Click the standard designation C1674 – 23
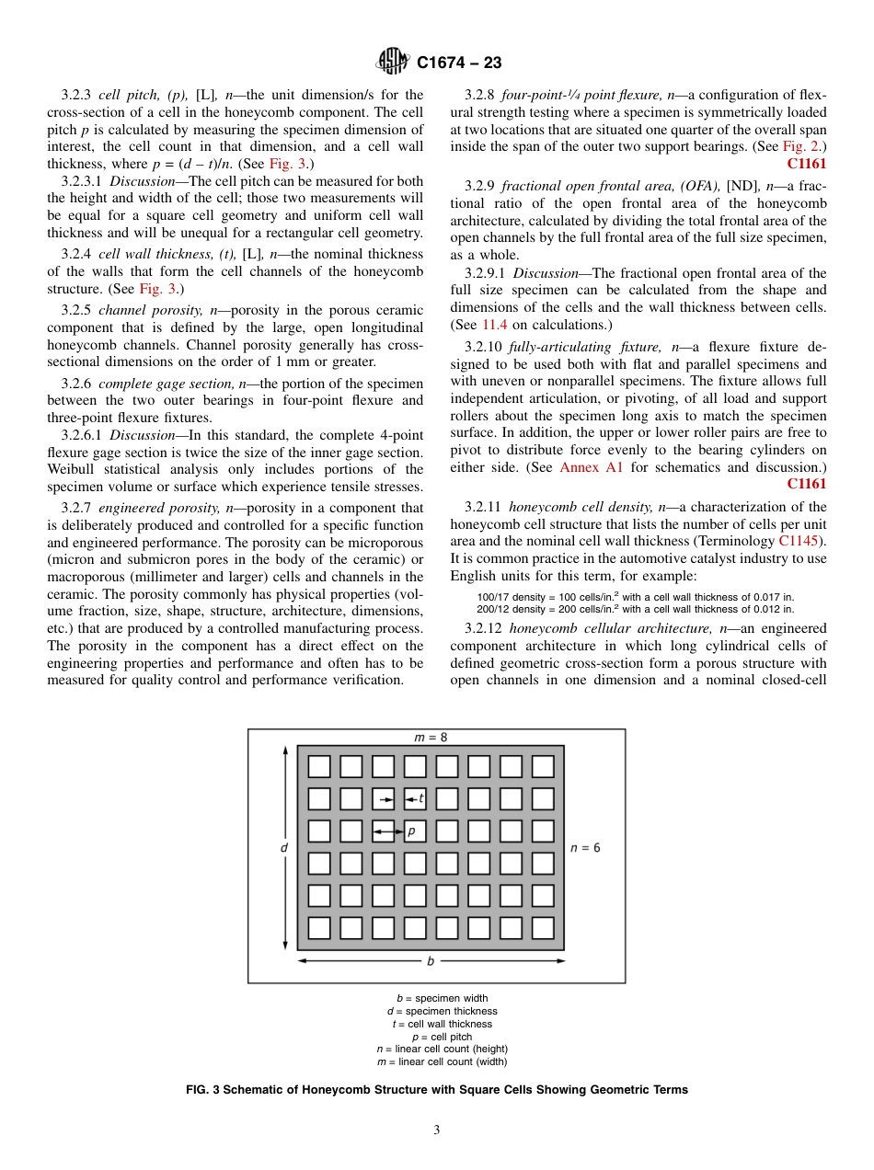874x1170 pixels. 459,63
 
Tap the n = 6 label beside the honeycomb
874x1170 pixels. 585,847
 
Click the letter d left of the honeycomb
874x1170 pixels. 284,847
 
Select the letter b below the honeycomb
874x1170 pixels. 430,961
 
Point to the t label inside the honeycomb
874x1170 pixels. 420,798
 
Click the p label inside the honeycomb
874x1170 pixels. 410,831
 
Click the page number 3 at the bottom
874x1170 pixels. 437,1130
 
